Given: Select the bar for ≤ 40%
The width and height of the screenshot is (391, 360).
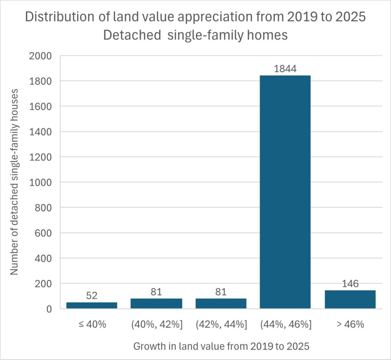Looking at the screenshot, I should [92, 305].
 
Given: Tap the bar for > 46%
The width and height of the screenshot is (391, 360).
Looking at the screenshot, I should [350, 299].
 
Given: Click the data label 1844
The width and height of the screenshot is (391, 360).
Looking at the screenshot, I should [285, 69].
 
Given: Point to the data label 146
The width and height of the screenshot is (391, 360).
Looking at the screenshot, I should [350, 284].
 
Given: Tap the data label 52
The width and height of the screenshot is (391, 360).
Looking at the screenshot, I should [92, 296].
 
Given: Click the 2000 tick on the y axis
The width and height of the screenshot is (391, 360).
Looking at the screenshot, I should [40, 56].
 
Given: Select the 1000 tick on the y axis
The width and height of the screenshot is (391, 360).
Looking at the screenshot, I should [40, 182].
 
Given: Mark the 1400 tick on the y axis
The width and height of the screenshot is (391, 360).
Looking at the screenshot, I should [40, 132].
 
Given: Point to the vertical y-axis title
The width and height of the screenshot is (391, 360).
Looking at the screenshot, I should [14, 182].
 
